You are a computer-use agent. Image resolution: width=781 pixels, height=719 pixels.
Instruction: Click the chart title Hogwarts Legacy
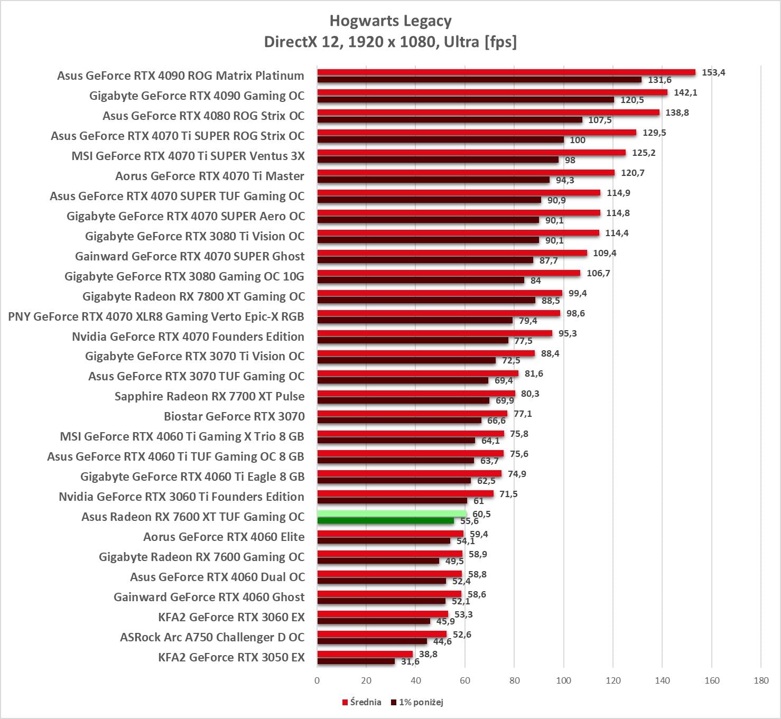pos(390,21)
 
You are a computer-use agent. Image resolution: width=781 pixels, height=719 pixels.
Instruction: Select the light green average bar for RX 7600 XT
pos(391,513)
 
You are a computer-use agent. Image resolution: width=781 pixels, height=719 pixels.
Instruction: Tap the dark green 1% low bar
pos(385,521)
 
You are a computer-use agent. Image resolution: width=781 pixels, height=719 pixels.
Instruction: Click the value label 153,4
pos(713,72)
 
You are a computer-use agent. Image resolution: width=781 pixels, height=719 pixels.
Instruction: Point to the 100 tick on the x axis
pos(563,680)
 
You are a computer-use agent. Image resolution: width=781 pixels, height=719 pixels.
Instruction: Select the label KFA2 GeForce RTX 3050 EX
pos(231,658)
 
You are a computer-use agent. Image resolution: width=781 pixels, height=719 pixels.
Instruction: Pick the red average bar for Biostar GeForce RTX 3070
pos(412,414)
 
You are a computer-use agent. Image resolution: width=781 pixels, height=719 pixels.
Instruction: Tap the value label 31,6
pos(410,661)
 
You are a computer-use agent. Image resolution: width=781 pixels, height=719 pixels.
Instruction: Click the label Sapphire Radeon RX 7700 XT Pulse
pos(209,397)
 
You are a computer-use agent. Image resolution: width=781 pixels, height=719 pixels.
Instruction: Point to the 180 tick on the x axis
pos(761,680)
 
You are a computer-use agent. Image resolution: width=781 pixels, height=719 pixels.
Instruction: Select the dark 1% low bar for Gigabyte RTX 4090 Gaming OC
pos(465,100)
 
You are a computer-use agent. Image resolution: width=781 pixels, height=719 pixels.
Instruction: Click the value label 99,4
pos(578,293)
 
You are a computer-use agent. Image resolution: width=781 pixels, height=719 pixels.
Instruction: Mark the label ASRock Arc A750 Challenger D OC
pos(212,638)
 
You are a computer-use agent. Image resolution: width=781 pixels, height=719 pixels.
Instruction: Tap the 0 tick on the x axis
pos(317,680)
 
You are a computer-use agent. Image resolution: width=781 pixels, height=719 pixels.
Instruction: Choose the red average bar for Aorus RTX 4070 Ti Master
pos(466,173)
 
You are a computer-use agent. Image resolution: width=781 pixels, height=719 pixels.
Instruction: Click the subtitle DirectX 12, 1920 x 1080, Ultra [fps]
pos(390,42)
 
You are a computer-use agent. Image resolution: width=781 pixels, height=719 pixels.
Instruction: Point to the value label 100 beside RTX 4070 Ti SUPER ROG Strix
pos(578,140)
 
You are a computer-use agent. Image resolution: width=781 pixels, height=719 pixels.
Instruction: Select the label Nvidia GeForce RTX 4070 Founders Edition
pos(188,337)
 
